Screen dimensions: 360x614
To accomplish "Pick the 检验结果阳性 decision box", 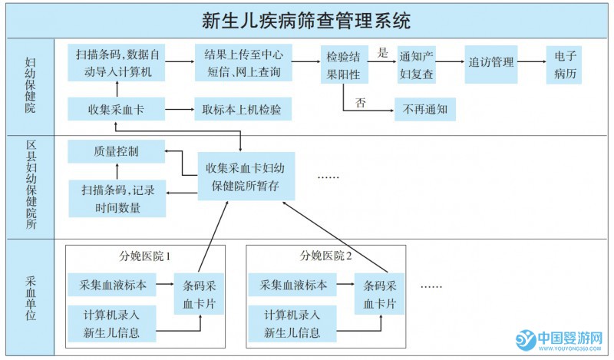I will tap(343, 64).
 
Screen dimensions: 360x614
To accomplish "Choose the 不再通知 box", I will tap(425, 110).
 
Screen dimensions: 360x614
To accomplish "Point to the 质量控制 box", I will tap(115, 151).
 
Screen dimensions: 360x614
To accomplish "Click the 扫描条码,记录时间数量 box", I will tap(115, 198).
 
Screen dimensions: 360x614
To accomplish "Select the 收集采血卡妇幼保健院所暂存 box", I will tap(246, 176).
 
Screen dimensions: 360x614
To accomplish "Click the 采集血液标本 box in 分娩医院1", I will tap(112, 285).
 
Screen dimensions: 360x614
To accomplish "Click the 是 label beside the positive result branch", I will tap(383, 54).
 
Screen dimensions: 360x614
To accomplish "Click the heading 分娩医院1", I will tap(145, 256).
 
